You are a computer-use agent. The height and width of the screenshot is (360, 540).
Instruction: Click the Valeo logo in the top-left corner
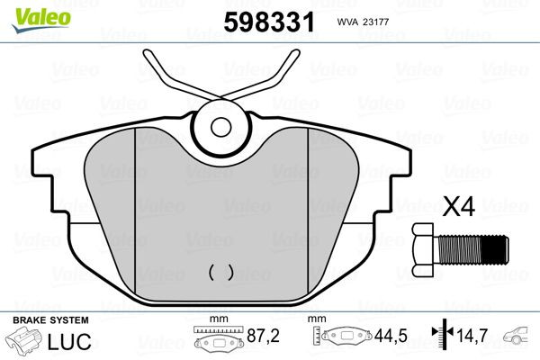pos(29,12)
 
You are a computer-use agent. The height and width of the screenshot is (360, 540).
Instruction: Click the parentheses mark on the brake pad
pos(220,270)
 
